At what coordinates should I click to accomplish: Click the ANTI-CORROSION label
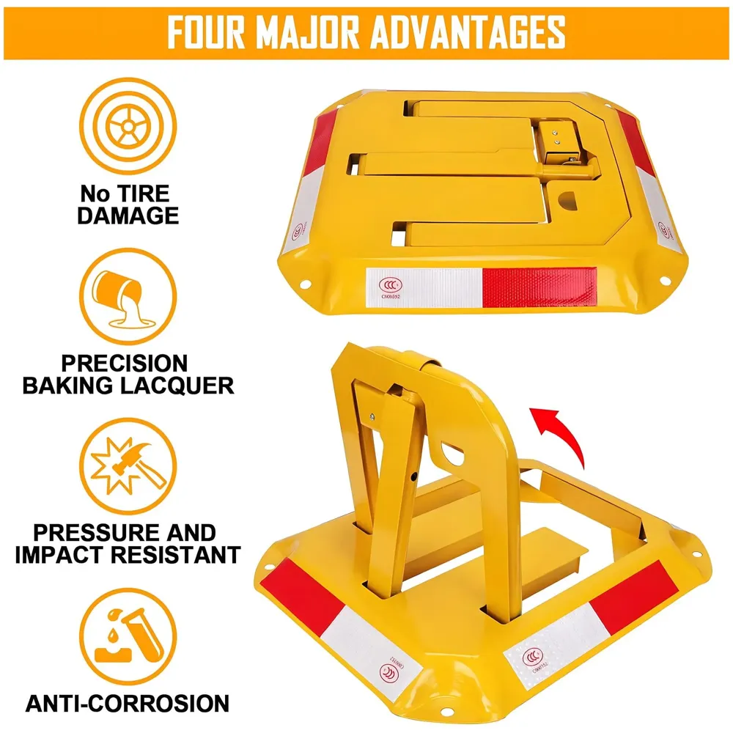click(127, 703)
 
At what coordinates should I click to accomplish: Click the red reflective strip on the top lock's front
click(539, 284)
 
